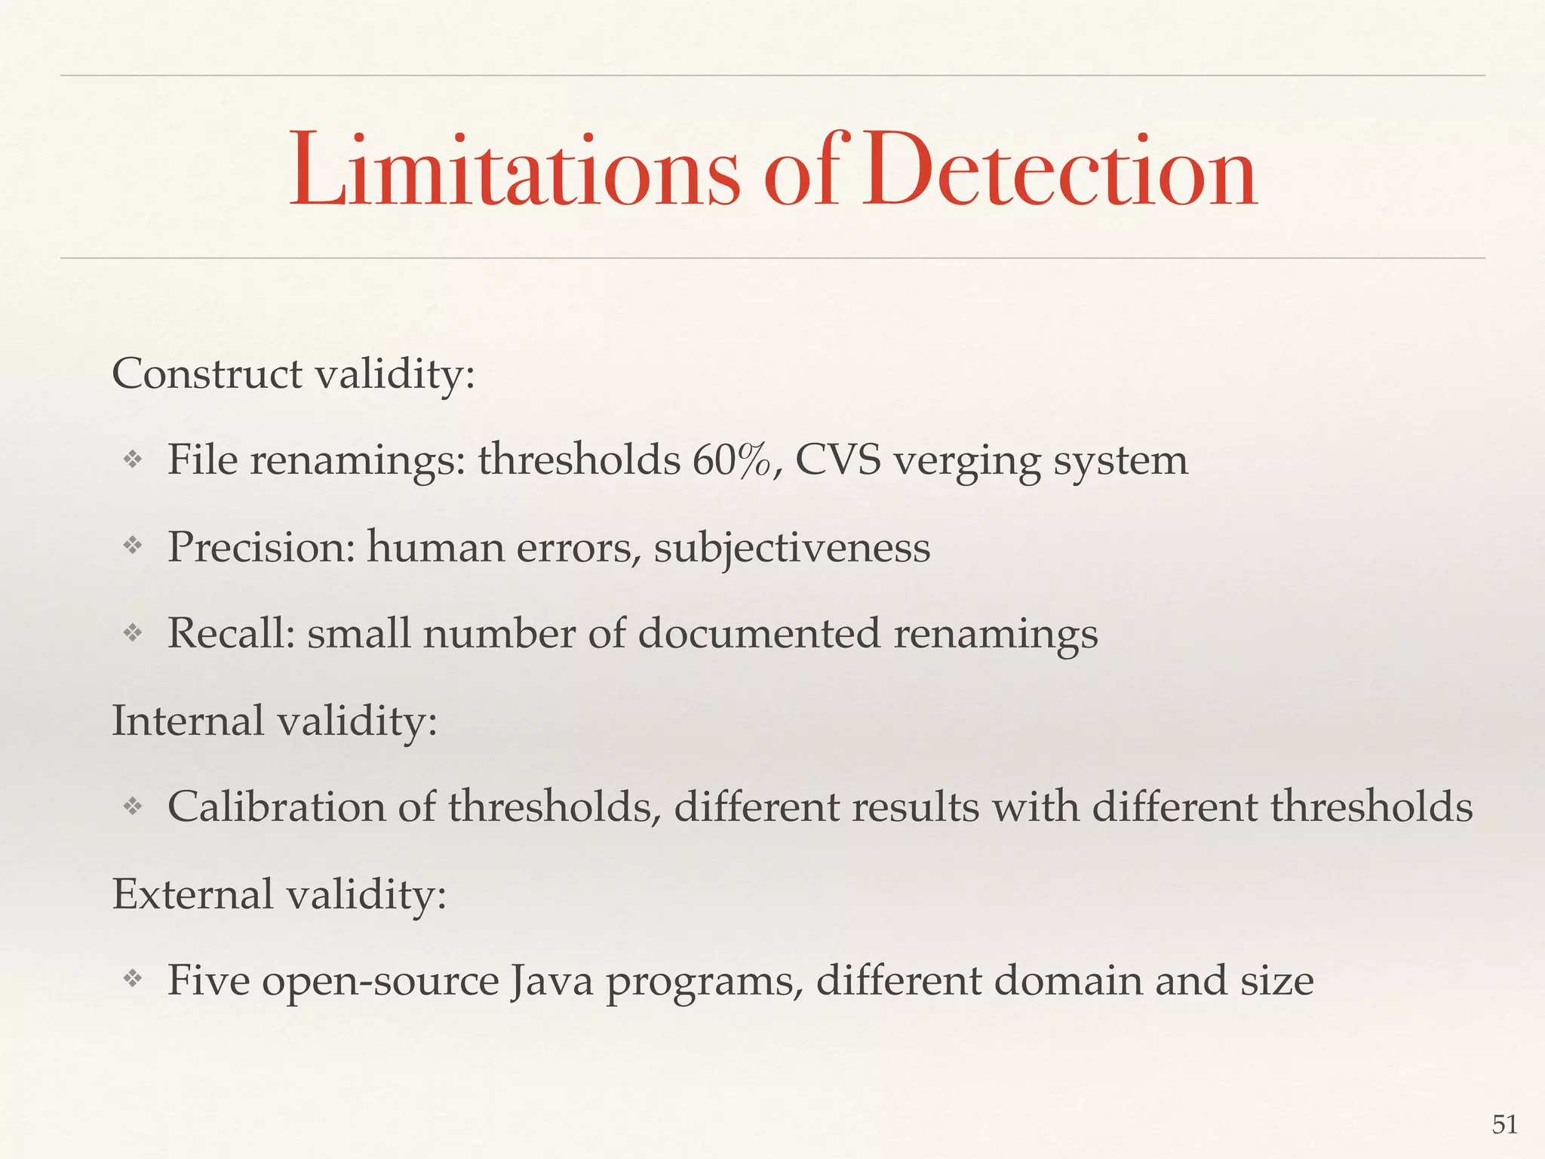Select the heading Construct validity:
293,374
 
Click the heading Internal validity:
275,721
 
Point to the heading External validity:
279,895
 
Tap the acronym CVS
837,460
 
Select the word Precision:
261,547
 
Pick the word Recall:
231,633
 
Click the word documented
759,633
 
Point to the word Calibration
276,807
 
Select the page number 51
1504,1125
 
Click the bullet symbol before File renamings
133,460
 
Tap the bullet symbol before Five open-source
133,979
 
